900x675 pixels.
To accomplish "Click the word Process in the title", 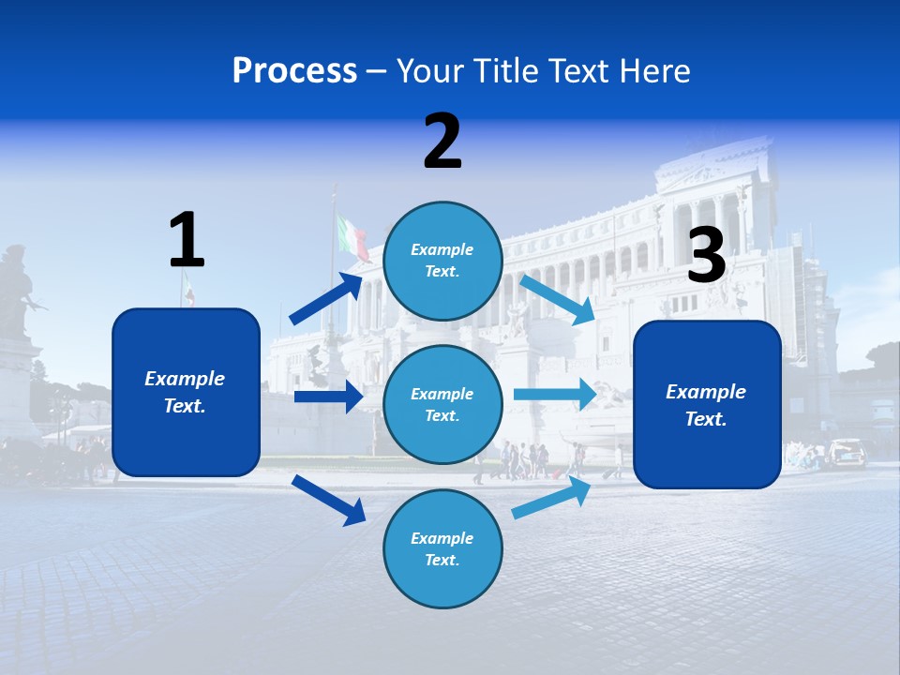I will click(x=294, y=70).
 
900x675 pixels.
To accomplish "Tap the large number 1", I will click(x=187, y=241).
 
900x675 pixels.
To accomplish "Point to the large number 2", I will click(x=442, y=142).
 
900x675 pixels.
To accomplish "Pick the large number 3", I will click(x=706, y=256).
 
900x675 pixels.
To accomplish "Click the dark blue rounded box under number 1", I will click(x=186, y=392).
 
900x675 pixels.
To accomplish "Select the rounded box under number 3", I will click(x=707, y=404).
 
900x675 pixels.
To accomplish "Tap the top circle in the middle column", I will click(x=442, y=261).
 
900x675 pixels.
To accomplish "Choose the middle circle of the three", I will click(x=442, y=404).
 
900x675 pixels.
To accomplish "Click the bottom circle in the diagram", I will click(x=442, y=548).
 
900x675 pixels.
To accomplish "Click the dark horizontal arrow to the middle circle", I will click(x=328, y=397).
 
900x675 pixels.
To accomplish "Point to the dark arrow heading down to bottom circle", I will click(x=328, y=499).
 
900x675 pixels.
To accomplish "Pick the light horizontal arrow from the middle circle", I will click(x=555, y=394).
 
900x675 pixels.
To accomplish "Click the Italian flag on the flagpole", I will click(x=353, y=237).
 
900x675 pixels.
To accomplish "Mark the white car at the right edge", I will click(x=847, y=453).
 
